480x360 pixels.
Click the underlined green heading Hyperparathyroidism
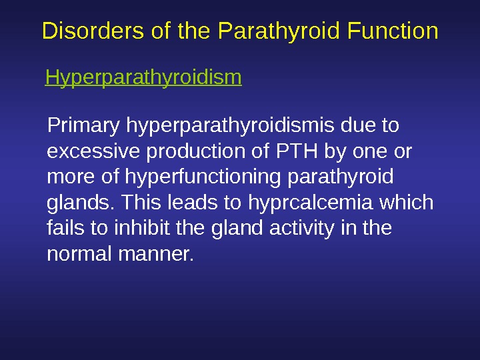point(143,79)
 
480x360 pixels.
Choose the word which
point(410,203)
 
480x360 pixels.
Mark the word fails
point(63,229)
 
